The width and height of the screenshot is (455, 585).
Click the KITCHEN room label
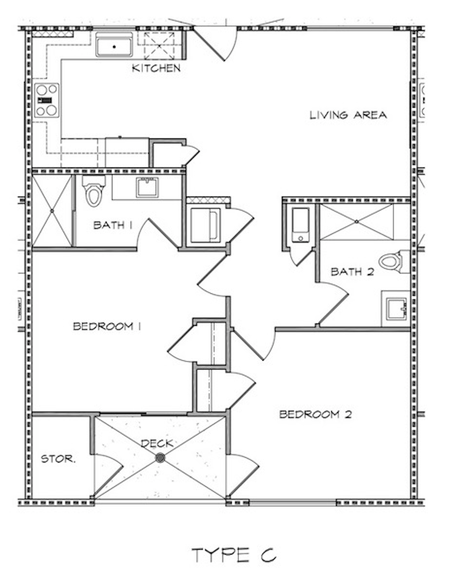(156, 68)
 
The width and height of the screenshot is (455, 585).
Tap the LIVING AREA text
(348, 115)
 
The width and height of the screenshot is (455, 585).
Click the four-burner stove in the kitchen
(47, 100)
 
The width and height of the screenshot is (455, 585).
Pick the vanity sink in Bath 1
(147, 187)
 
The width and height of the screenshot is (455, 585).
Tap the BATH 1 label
(113, 225)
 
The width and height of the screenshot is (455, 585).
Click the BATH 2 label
(352, 272)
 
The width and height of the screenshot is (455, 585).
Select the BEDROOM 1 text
(107, 326)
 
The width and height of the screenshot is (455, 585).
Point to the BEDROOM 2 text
(315, 414)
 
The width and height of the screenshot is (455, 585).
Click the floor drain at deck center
(160, 458)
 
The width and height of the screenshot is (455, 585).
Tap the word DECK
(157, 443)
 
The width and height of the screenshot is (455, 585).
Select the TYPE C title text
(234, 555)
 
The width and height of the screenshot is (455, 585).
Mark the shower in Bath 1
(52, 211)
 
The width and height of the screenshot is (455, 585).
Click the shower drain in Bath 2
(356, 221)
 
